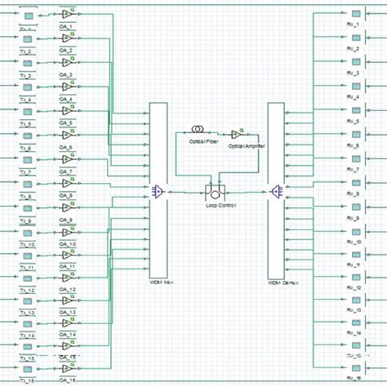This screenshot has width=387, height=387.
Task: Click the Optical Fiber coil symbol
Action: pyautogui.click(x=198, y=130)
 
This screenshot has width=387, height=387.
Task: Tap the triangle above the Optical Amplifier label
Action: pyautogui.click(x=237, y=134)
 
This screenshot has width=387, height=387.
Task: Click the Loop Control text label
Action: pyautogui.click(x=220, y=205)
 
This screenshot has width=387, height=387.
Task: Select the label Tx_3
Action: pyautogui.click(x=26, y=74)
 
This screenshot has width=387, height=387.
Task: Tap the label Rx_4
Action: pyautogui.click(x=354, y=96)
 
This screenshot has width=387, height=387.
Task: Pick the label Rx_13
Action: pyautogui.click(x=354, y=311)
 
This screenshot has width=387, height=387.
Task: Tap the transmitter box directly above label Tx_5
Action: pyautogui.click(x=27, y=111)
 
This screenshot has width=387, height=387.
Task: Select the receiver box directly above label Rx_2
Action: pyautogui.click(x=354, y=38)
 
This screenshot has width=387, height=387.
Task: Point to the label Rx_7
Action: pyautogui.click(x=354, y=169)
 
